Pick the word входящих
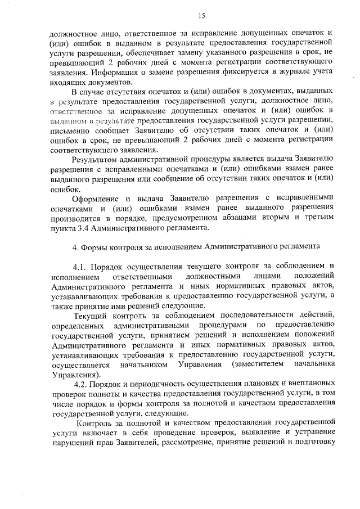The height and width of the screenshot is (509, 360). [67, 83]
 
